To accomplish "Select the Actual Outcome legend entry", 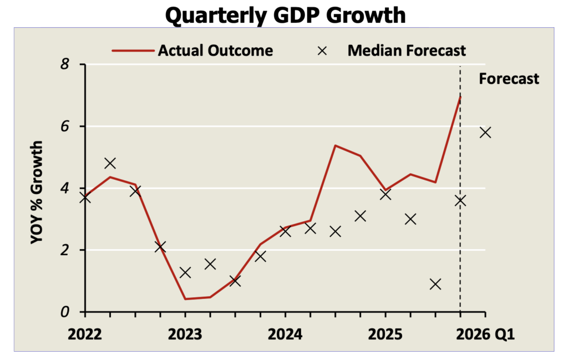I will pos(215,50).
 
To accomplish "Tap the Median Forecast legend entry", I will pos(407,50).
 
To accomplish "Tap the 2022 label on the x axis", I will pos(85,336).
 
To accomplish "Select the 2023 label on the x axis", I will pos(185,336).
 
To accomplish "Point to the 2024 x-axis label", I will pos(285,336).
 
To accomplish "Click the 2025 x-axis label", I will pos(386,336).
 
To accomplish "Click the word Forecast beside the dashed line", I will pos(509,79).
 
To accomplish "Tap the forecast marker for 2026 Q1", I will pos(485,133).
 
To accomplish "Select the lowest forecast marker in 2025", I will pos(435,284).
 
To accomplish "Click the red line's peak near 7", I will pos(460,97).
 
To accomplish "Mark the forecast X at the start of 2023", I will pos(185,272).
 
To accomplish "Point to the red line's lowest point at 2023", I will pos(185,299).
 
